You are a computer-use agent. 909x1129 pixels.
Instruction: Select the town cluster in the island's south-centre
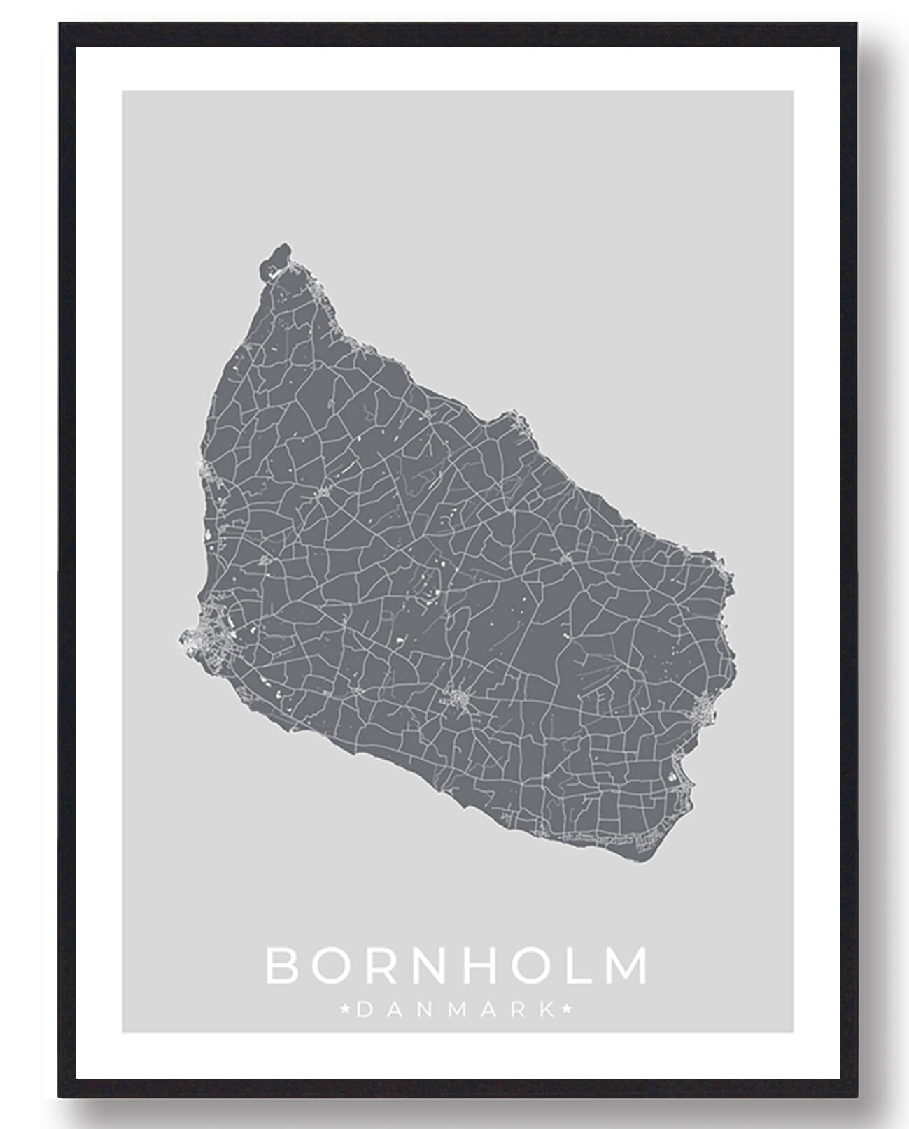coord(458,697)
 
